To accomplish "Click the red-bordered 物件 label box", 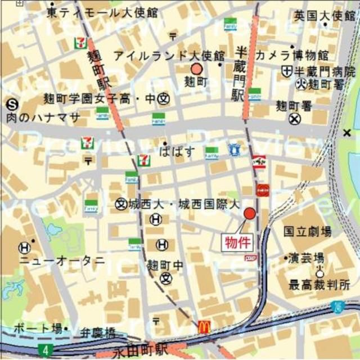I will tap(236, 242).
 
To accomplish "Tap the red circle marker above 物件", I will tap(250, 214).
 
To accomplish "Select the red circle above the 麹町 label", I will tap(196, 69).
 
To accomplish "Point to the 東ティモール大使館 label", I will tap(102, 12).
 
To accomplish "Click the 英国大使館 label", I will tap(325, 16).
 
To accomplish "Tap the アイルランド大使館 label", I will tap(169, 55).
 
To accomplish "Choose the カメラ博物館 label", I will tap(291, 55).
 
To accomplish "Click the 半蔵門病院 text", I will tap(326, 71).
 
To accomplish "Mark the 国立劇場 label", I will tap(307, 232).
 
